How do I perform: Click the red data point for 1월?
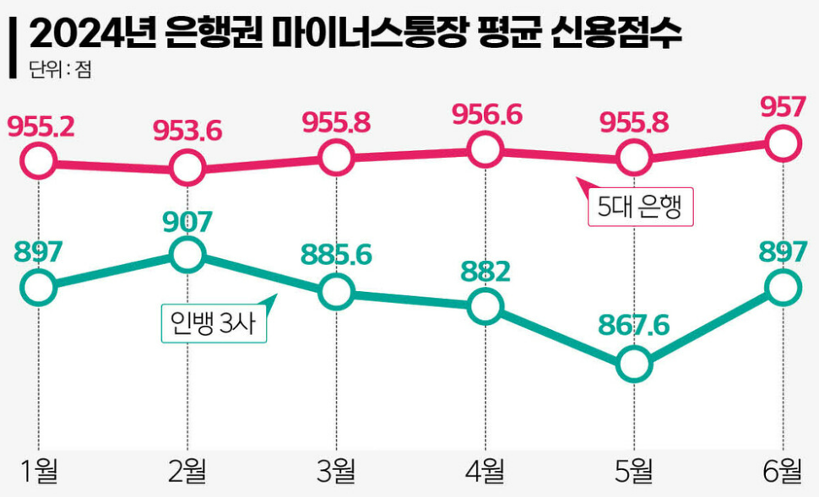39,159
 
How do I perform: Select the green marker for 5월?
634,365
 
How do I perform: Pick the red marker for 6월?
784,143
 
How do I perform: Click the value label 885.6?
337,254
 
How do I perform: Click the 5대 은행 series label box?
639,207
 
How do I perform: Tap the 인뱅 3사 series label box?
214,321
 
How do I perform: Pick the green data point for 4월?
485,305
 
